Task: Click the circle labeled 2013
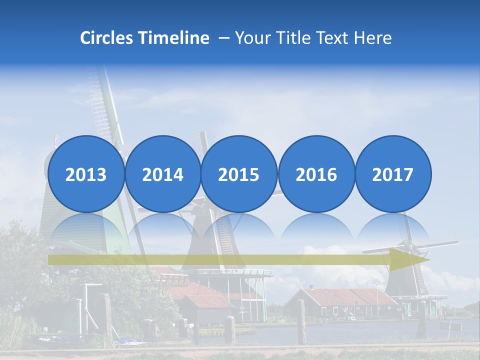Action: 86,174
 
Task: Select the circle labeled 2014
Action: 162,174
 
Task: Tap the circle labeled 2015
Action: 239,174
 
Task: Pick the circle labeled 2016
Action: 316,174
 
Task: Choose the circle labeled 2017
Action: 392,174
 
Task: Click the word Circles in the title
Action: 106,38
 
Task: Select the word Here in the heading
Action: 373,38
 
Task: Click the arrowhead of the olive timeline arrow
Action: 407,259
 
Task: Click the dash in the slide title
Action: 223,38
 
